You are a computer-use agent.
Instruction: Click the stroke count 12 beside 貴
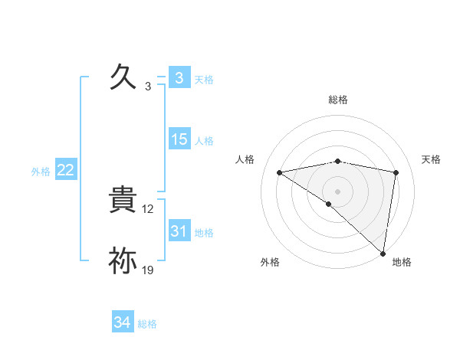[149, 209]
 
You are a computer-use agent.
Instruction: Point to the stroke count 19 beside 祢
[149, 270]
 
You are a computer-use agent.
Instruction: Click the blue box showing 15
[179, 139]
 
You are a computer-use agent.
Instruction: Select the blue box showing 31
[179, 231]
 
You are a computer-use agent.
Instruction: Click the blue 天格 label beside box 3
[204, 79]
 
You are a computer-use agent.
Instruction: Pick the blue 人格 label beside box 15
[204, 141]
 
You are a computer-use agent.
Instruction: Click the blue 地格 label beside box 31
[204, 233]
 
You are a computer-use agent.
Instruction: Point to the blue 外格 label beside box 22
[41, 172]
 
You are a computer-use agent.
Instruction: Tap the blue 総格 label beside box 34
[147, 324]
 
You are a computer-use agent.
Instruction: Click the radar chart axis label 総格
[338, 100]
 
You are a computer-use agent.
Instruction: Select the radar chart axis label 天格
[432, 159]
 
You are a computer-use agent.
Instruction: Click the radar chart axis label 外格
[270, 262]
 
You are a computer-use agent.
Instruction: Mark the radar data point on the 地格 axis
[383, 253]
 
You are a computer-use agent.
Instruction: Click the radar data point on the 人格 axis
[280, 172]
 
